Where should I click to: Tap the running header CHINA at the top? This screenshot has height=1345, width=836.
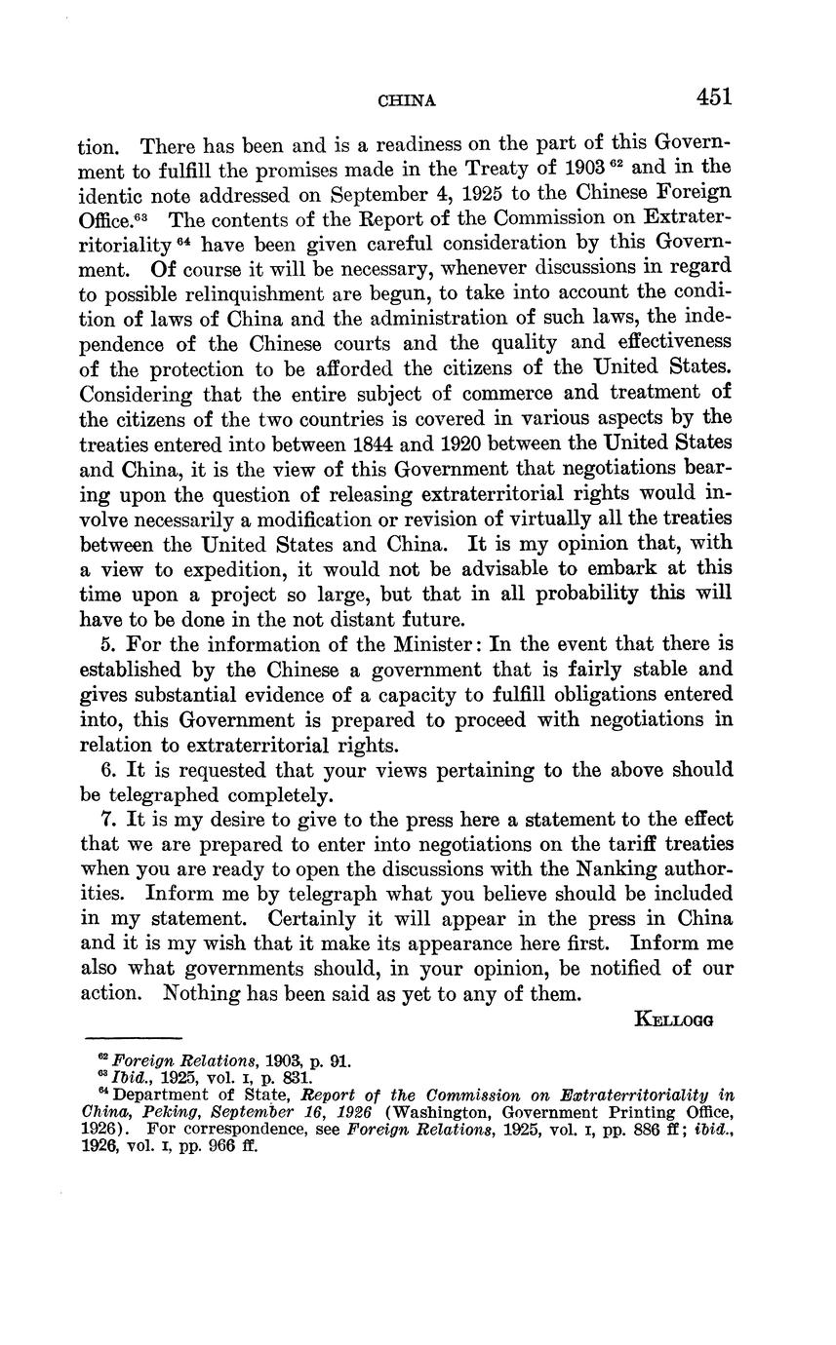coord(406,100)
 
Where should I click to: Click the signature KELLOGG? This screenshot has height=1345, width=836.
coord(674,1019)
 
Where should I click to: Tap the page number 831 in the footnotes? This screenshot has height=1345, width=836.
coord(295,1079)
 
